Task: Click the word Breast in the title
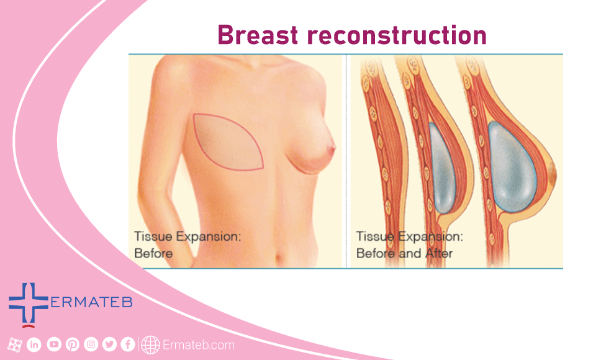(258, 35)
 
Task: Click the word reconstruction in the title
(397, 36)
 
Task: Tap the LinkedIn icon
(34, 344)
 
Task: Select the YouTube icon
(54, 344)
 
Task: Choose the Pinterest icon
(73, 344)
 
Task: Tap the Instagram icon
(91, 344)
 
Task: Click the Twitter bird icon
(109, 344)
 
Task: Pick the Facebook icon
(128, 344)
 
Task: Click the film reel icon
(14, 345)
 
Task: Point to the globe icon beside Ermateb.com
(150, 345)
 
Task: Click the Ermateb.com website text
(198, 345)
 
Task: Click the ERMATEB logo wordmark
(91, 302)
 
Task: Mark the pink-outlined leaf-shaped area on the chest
(228, 142)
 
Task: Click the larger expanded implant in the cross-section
(512, 166)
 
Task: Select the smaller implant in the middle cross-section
(442, 168)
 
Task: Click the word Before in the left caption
(153, 253)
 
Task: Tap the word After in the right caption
(438, 253)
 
